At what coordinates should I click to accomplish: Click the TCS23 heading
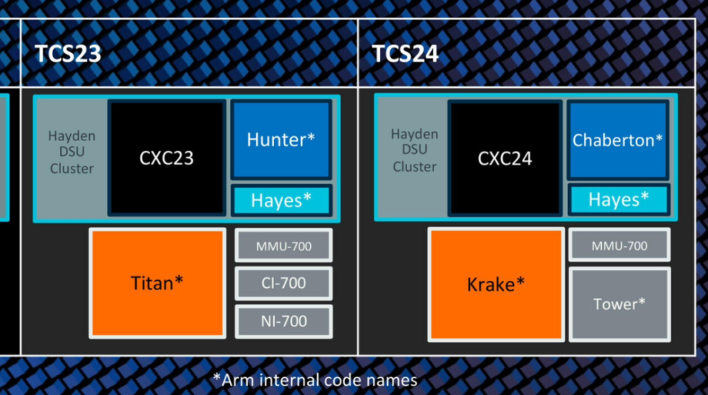click(68, 54)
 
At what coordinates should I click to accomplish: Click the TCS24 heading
click(405, 54)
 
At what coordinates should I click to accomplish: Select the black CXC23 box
click(166, 158)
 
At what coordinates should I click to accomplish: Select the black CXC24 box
click(505, 158)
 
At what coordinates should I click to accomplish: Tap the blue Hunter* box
click(281, 140)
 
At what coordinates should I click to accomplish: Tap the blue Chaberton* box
click(617, 140)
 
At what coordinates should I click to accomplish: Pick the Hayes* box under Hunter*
click(281, 200)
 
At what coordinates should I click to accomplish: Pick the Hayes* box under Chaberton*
click(619, 199)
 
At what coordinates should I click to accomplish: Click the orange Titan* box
click(157, 283)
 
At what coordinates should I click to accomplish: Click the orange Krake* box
click(496, 284)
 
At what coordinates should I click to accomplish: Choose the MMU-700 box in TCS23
click(284, 245)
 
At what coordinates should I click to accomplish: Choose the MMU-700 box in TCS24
click(619, 245)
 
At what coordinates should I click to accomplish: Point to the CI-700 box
click(284, 283)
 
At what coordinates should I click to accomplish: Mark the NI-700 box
click(284, 321)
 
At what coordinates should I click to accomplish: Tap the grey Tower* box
click(619, 304)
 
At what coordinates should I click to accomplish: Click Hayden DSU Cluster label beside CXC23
click(72, 152)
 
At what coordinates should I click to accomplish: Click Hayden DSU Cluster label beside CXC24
click(414, 150)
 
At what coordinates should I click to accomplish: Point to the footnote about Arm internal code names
click(315, 380)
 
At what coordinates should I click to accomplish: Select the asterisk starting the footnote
click(217, 377)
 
